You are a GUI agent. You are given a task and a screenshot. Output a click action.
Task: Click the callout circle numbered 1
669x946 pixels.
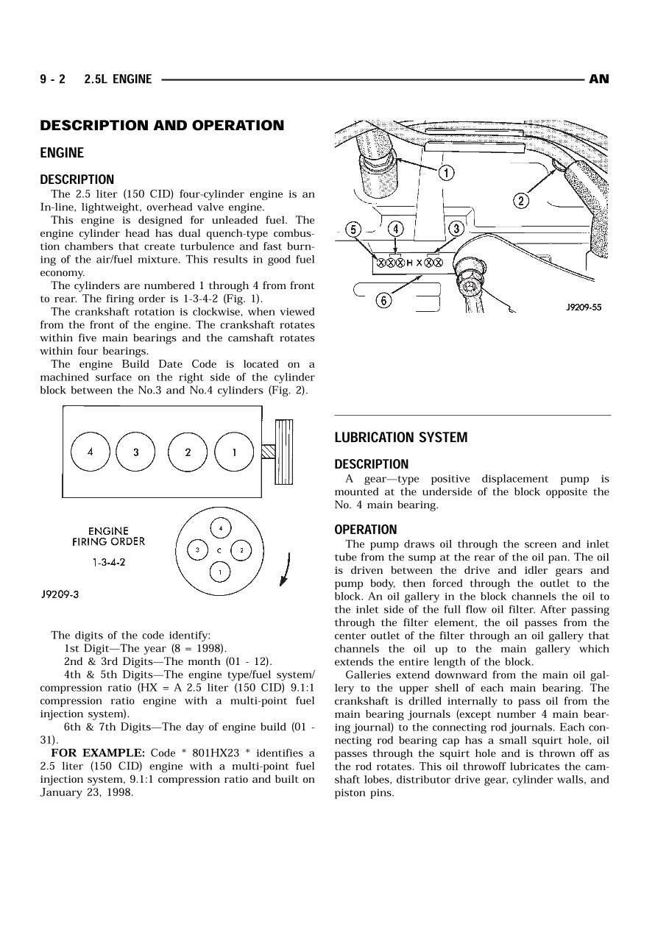(x=446, y=174)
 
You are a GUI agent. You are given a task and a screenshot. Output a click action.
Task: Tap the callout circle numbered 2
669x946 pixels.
(x=520, y=201)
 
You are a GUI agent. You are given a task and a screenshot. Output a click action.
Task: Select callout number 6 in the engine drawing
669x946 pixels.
(x=383, y=300)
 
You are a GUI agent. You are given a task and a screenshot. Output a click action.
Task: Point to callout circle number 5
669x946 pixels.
(x=353, y=229)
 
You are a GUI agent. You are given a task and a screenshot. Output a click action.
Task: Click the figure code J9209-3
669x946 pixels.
(x=60, y=595)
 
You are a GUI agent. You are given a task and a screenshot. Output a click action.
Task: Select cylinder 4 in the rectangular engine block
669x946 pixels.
(x=91, y=452)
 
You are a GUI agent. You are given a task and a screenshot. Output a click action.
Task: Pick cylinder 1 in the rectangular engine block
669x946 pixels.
(x=233, y=452)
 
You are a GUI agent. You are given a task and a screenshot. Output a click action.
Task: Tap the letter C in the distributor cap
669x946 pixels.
(x=219, y=550)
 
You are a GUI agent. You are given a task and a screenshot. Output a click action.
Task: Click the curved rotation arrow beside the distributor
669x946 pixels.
(x=285, y=570)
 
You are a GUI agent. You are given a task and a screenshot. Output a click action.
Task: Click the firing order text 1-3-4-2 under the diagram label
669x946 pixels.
(x=109, y=563)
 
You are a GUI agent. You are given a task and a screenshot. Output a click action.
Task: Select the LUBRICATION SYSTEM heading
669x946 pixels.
(x=400, y=438)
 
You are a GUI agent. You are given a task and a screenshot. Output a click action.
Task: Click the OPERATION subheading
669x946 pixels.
(x=365, y=530)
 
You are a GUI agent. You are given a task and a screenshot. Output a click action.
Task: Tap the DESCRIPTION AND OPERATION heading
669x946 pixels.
(x=162, y=126)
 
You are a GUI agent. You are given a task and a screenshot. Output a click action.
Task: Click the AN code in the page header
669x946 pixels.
(x=598, y=79)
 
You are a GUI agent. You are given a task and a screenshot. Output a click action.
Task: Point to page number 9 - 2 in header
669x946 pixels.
(x=52, y=79)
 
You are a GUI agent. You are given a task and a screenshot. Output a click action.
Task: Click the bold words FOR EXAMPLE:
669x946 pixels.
(x=98, y=753)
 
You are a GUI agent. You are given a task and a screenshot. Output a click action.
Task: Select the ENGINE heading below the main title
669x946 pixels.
(x=62, y=153)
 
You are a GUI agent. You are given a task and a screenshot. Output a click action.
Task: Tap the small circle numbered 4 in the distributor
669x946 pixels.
(x=221, y=527)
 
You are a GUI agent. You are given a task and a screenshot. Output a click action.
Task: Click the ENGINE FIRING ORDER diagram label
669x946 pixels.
(x=108, y=536)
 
